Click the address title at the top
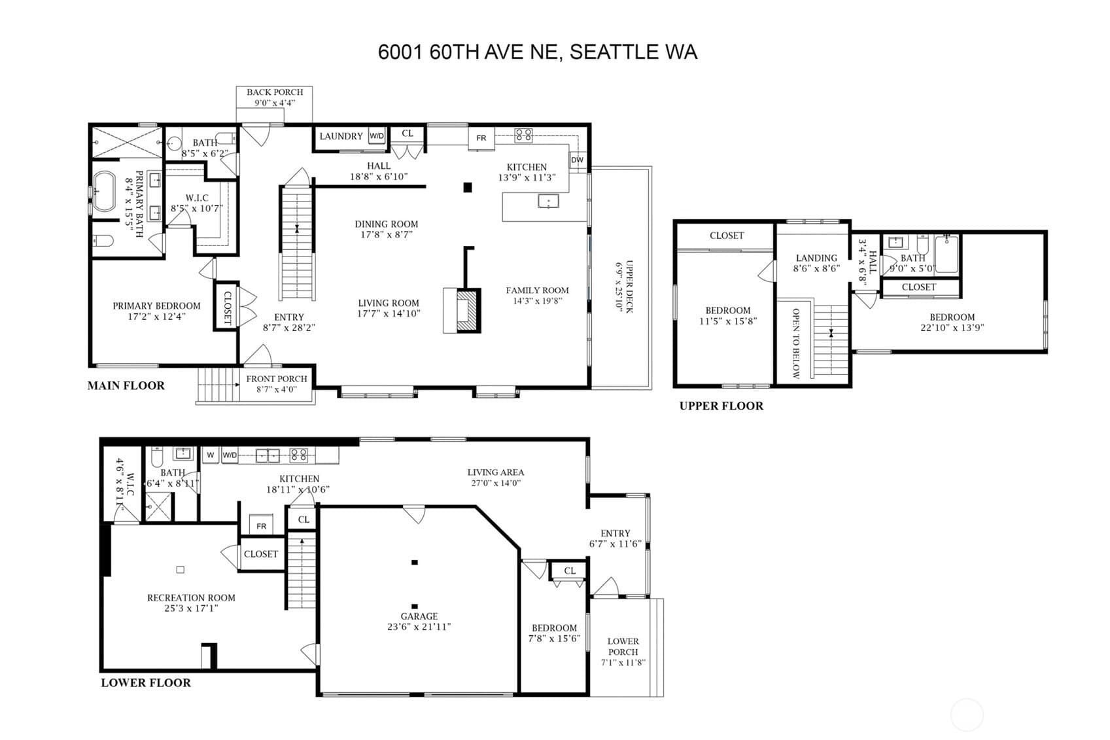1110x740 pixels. tap(538, 52)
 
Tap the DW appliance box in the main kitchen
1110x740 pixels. tap(578, 160)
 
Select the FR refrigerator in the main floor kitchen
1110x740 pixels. tap(481, 138)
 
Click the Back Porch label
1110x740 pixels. tap(275, 92)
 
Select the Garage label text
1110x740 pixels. tap(419, 616)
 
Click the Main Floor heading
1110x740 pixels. tap(126, 385)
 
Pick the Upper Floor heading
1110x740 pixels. tap(721, 406)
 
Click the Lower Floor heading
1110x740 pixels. tap(146, 683)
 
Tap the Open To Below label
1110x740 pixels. tap(796, 344)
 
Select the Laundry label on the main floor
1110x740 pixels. tap(341, 136)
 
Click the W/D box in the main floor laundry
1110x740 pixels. tap(377, 136)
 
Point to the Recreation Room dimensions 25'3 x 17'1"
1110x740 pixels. tap(191, 608)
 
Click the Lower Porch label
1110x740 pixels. tap(623, 646)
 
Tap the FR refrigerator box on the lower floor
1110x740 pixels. tap(261, 525)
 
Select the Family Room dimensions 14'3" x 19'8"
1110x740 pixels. tap(537, 301)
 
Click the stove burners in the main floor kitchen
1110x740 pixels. tap(523, 135)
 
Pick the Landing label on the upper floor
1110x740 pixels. tap(816, 258)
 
